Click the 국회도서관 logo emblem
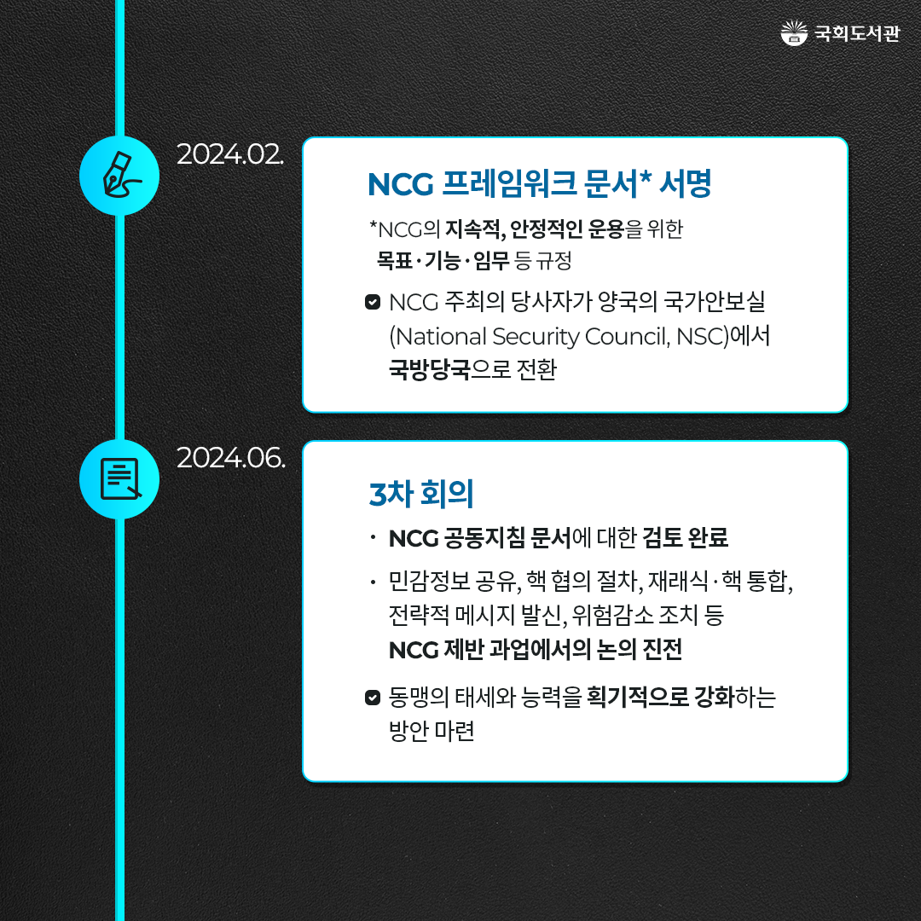click(794, 33)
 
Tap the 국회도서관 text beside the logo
click(856, 33)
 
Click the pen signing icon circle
click(119, 176)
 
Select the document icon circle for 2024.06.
click(119, 478)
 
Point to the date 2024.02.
click(230, 155)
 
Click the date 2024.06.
click(231, 458)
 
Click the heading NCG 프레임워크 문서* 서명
click(539, 184)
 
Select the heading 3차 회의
click(421, 494)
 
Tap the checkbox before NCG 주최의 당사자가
click(373, 302)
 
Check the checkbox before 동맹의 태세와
click(373, 698)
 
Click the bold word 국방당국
click(429, 369)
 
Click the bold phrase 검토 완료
click(686, 537)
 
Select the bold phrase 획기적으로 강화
click(661, 698)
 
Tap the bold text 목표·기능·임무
click(443, 260)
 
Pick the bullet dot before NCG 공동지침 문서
click(373, 537)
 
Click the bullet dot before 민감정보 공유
click(373, 582)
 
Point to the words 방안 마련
click(432, 732)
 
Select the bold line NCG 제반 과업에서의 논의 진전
click(535, 650)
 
